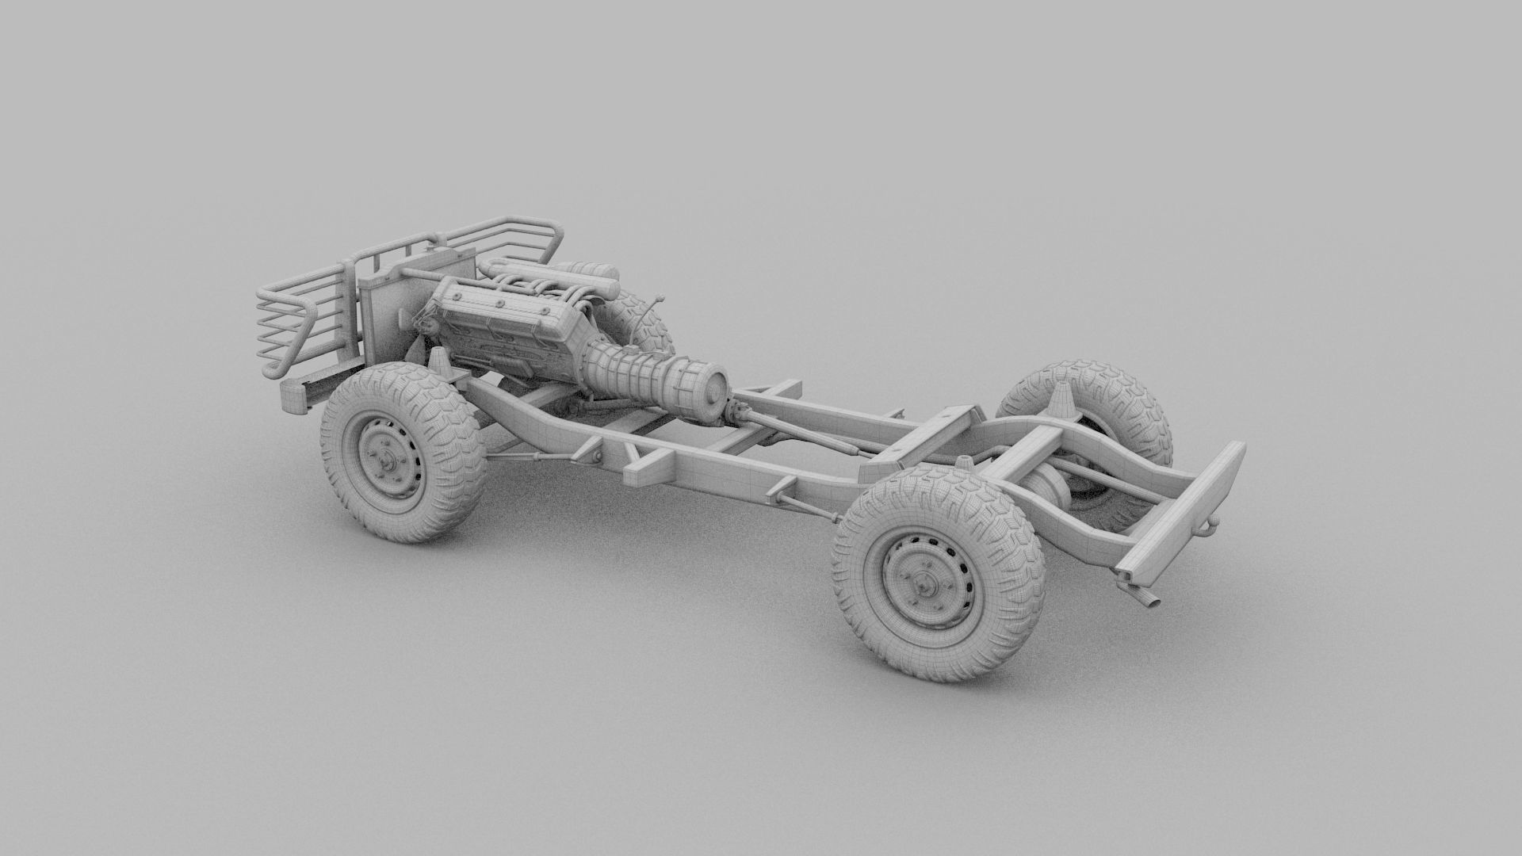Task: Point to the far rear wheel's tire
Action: click(x=1110, y=396)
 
